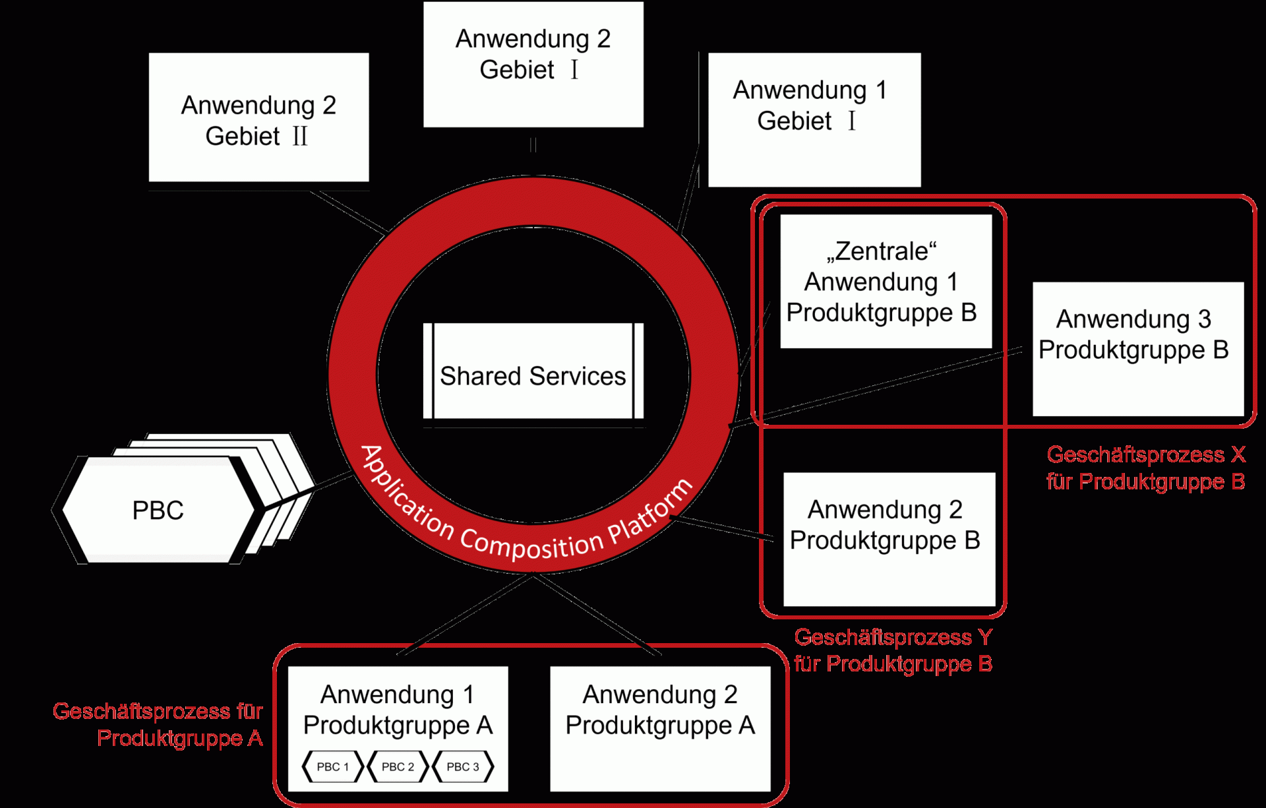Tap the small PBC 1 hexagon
pyautogui.click(x=332, y=766)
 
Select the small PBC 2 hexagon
pyautogui.click(x=398, y=766)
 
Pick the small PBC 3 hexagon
pyautogui.click(x=462, y=766)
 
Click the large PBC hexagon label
pyautogui.click(x=158, y=511)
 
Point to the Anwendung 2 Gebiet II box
pyautogui.click(x=258, y=119)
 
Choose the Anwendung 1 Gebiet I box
pyautogui.click(x=814, y=119)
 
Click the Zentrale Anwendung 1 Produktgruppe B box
pyautogui.click(x=886, y=282)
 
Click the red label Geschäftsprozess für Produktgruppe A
pyautogui.click(x=158, y=724)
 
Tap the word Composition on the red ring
pyautogui.click(x=531, y=545)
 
